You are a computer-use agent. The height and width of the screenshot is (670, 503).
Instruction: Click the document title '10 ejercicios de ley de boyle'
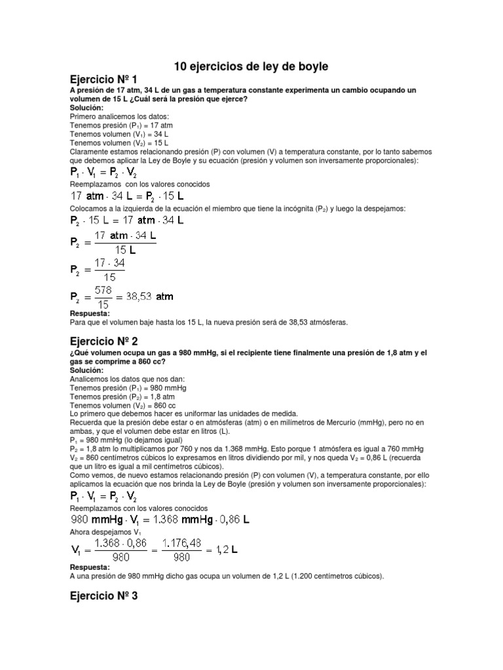tap(251, 67)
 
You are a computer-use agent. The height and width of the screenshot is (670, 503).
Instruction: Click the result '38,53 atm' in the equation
tap(152, 296)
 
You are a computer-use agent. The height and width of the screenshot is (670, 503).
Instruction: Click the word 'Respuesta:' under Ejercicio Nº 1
tap(89, 313)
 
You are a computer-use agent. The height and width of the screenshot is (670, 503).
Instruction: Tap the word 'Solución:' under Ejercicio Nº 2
tap(86, 370)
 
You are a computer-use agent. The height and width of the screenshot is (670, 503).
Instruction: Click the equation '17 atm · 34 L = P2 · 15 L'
tap(126, 196)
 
